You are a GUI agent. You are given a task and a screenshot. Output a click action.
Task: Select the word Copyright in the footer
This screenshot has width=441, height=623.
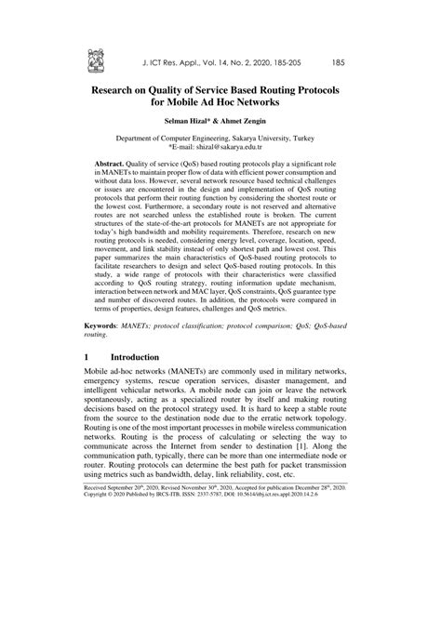tap(101, 597)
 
